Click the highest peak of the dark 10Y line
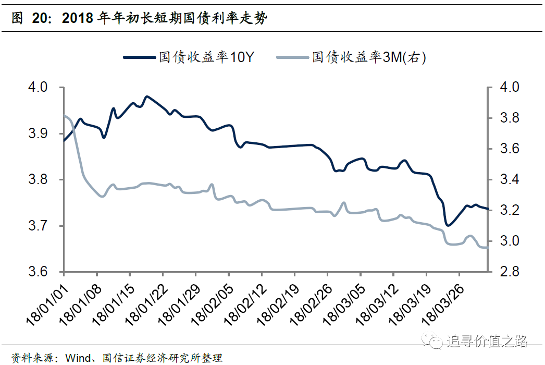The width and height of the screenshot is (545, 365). click(x=147, y=96)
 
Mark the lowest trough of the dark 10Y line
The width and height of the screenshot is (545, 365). click(x=448, y=225)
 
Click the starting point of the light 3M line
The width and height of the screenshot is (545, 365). click(x=64, y=115)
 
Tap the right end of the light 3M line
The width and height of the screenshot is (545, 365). click(x=488, y=248)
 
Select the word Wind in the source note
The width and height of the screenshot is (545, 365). click(x=78, y=358)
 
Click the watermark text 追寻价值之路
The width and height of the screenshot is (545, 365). click(x=487, y=342)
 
